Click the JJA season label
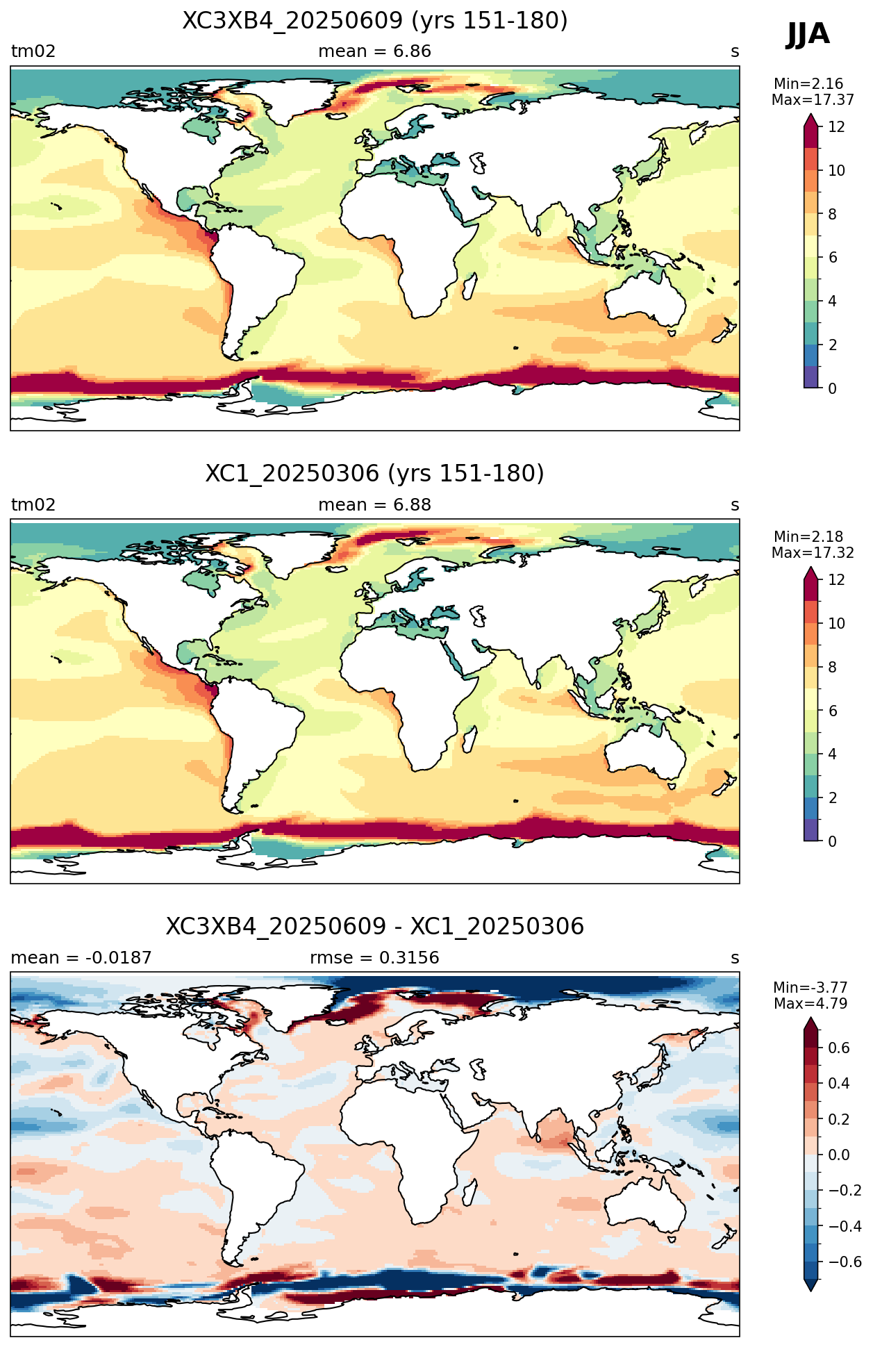[808, 34]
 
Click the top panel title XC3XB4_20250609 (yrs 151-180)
[375, 21]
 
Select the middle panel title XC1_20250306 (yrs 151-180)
[375, 474]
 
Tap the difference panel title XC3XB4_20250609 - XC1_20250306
[375, 927]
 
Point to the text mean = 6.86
[375, 51]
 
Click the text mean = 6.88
[375, 505]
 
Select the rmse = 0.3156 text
[375, 958]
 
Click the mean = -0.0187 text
[81, 958]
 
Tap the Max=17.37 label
[813, 100]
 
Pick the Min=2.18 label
[808, 537]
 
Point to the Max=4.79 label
[810, 1004]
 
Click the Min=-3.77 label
[810, 988]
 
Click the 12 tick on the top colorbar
[837, 127]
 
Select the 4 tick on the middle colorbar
[833, 754]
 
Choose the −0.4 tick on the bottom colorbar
[845, 1227]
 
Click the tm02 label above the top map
[33, 51]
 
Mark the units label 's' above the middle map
[735, 505]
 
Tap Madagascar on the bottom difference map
[470, 1193]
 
